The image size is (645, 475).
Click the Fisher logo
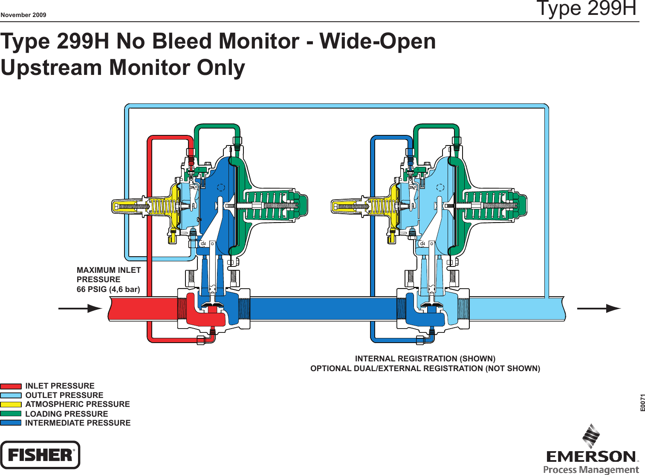pyautogui.click(x=40, y=455)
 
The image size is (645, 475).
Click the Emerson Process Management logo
pyautogui.click(x=591, y=451)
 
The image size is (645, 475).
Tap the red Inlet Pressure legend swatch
pyautogui.click(x=11, y=386)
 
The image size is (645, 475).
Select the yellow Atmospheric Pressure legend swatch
pyautogui.click(x=11, y=405)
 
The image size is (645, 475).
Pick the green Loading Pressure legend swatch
pyautogui.click(x=11, y=414)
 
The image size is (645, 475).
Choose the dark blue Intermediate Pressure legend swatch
pyautogui.click(x=11, y=423)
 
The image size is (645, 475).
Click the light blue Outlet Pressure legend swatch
pyautogui.click(x=11, y=395)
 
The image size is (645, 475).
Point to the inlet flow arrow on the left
pyautogui.click(x=80, y=309)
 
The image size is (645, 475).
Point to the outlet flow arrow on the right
pyautogui.click(x=599, y=309)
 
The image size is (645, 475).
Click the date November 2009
pyautogui.click(x=23, y=15)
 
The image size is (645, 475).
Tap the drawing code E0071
pyautogui.click(x=642, y=403)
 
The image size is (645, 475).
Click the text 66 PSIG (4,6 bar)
pyautogui.click(x=108, y=289)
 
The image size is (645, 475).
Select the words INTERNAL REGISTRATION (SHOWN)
pyautogui.click(x=425, y=359)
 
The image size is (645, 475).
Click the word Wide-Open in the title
pyautogui.click(x=378, y=41)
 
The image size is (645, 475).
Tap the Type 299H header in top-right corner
pyautogui.click(x=586, y=9)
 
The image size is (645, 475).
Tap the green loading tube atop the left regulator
pyautogui.click(x=217, y=126)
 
